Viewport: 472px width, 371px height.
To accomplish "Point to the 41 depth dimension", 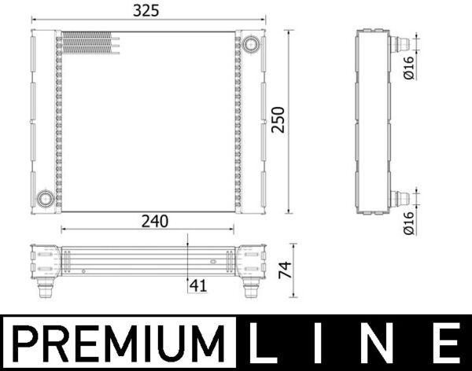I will point(198,287).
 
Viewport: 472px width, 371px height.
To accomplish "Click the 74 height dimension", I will point(286,271).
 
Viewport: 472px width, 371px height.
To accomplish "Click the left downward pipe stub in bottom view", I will point(43,289).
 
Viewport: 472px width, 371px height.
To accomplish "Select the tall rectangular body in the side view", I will point(374,122).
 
